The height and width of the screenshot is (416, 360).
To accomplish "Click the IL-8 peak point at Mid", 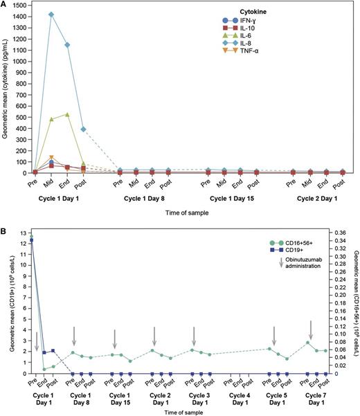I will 51,15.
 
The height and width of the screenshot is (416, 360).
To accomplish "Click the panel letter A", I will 5,5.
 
